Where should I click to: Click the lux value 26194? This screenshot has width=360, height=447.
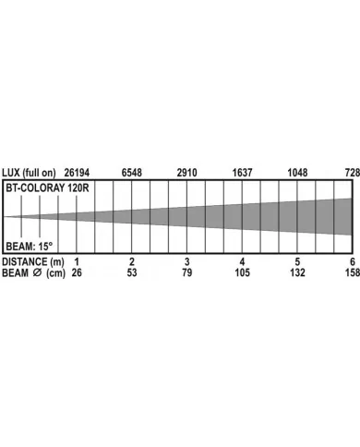coord(77,173)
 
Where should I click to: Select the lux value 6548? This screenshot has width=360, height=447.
coord(132,173)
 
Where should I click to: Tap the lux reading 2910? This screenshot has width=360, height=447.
coord(186,173)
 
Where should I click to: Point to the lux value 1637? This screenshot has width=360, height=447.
coord(242,173)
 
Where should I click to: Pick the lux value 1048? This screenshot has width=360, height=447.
coord(297,173)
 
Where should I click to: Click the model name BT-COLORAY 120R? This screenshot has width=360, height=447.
coord(47,187)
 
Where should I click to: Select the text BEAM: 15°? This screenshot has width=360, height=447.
coord(30,247)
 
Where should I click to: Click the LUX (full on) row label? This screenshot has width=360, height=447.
coord(29,173)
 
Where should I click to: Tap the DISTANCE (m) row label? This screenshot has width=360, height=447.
coord(33,262)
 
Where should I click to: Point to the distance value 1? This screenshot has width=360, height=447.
coord(77,262)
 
